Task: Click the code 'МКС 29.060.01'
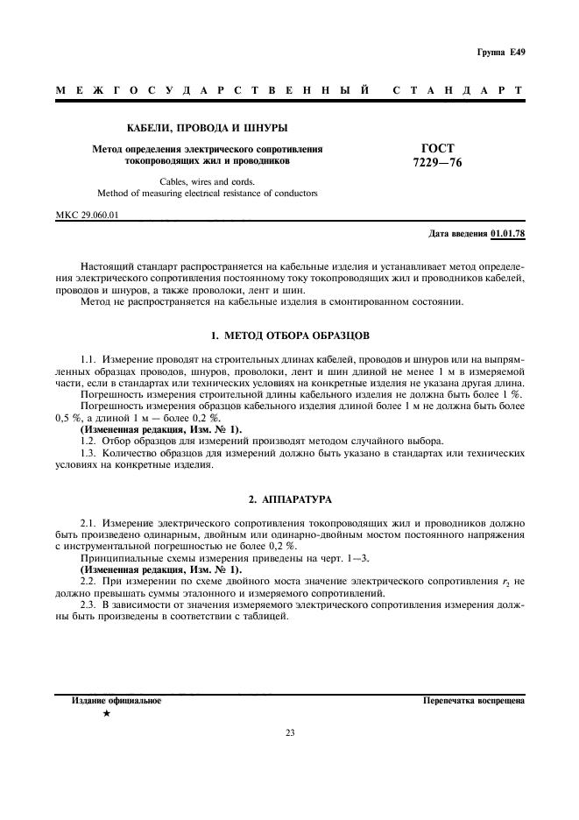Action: (x=87, y=214)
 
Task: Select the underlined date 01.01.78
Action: (x=508, y=234)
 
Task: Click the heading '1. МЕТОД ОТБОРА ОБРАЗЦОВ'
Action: (x=291, y=336)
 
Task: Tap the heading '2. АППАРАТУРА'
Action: (x=290, y=498)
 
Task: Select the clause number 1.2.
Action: (x=88, y=440)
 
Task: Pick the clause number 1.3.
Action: (x=88, y=453)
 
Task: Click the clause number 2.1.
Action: (x=88, y=521)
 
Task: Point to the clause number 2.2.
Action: (x=88, y=581)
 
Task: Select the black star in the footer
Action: (x=107, y=717)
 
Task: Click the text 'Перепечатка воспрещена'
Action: (x=473, y=702)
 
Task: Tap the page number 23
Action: (x=290, y=733)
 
